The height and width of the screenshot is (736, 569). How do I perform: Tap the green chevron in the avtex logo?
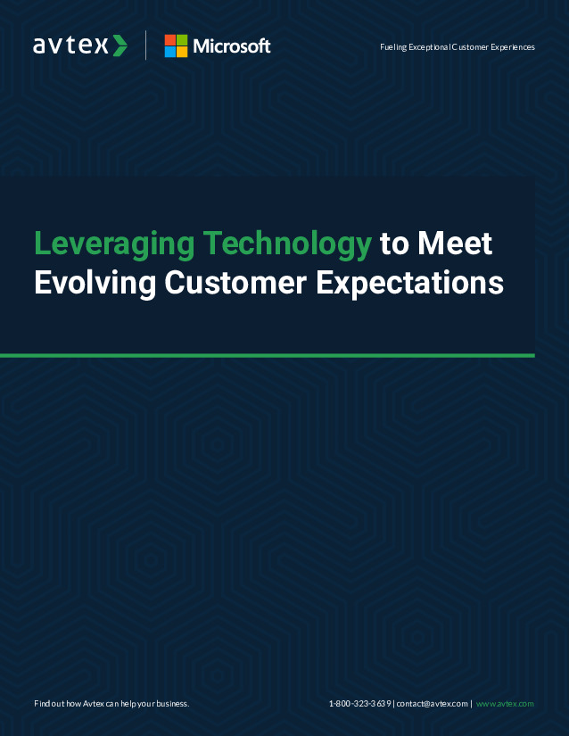[x=120, y=45]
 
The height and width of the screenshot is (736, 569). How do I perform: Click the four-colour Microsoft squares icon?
[x=176, y=46]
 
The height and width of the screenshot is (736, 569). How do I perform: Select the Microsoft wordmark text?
[x=232, y=46]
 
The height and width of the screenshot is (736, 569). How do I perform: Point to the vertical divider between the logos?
[x=146, y=45]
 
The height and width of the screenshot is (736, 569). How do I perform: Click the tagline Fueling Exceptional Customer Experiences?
[x=458, y=47]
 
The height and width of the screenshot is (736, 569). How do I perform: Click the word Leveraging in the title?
[x=114, y=244]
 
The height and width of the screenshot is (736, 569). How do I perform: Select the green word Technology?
[x=287, y=244]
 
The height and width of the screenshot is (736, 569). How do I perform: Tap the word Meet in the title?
[x=455, y=244]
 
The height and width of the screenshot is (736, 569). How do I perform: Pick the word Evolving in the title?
[x=95, y=284]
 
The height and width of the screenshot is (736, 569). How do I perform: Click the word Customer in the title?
[x=235, y=283]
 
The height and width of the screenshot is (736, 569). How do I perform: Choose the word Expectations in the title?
[x=409, y=284]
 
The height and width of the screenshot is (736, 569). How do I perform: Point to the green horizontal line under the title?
[x=268, y=356]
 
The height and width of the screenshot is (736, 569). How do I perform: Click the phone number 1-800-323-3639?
[x=360, y=704]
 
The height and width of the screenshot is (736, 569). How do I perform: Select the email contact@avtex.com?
[x=433, y=704]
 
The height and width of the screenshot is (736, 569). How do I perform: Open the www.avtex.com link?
[x=505, y=704]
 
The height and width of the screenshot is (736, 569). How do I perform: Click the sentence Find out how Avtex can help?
[x=111, y=704]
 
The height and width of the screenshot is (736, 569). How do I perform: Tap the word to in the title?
[x=394, y=244]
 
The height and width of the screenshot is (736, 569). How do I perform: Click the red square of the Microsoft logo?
[x=169, y=40]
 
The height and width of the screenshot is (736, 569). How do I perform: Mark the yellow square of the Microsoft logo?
[x=182, y=52]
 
